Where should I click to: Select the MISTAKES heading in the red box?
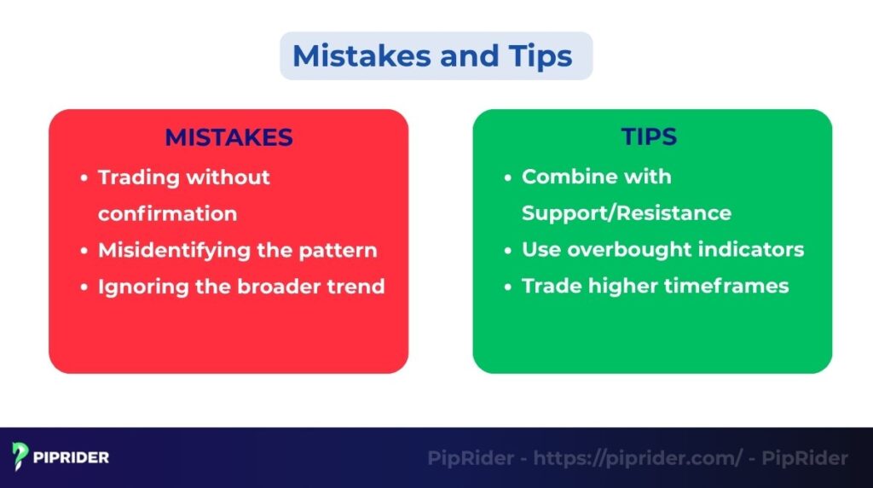[228, 137]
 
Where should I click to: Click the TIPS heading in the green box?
[650, 137]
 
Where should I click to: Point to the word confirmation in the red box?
[167, 213]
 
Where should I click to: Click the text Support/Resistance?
[626, 213]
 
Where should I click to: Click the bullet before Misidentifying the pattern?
[84, 251]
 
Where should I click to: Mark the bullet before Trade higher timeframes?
[507, 287]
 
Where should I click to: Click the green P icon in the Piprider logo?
[20, 457]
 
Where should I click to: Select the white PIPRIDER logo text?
[72, 458]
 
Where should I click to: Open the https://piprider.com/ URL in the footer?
[638, 458]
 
